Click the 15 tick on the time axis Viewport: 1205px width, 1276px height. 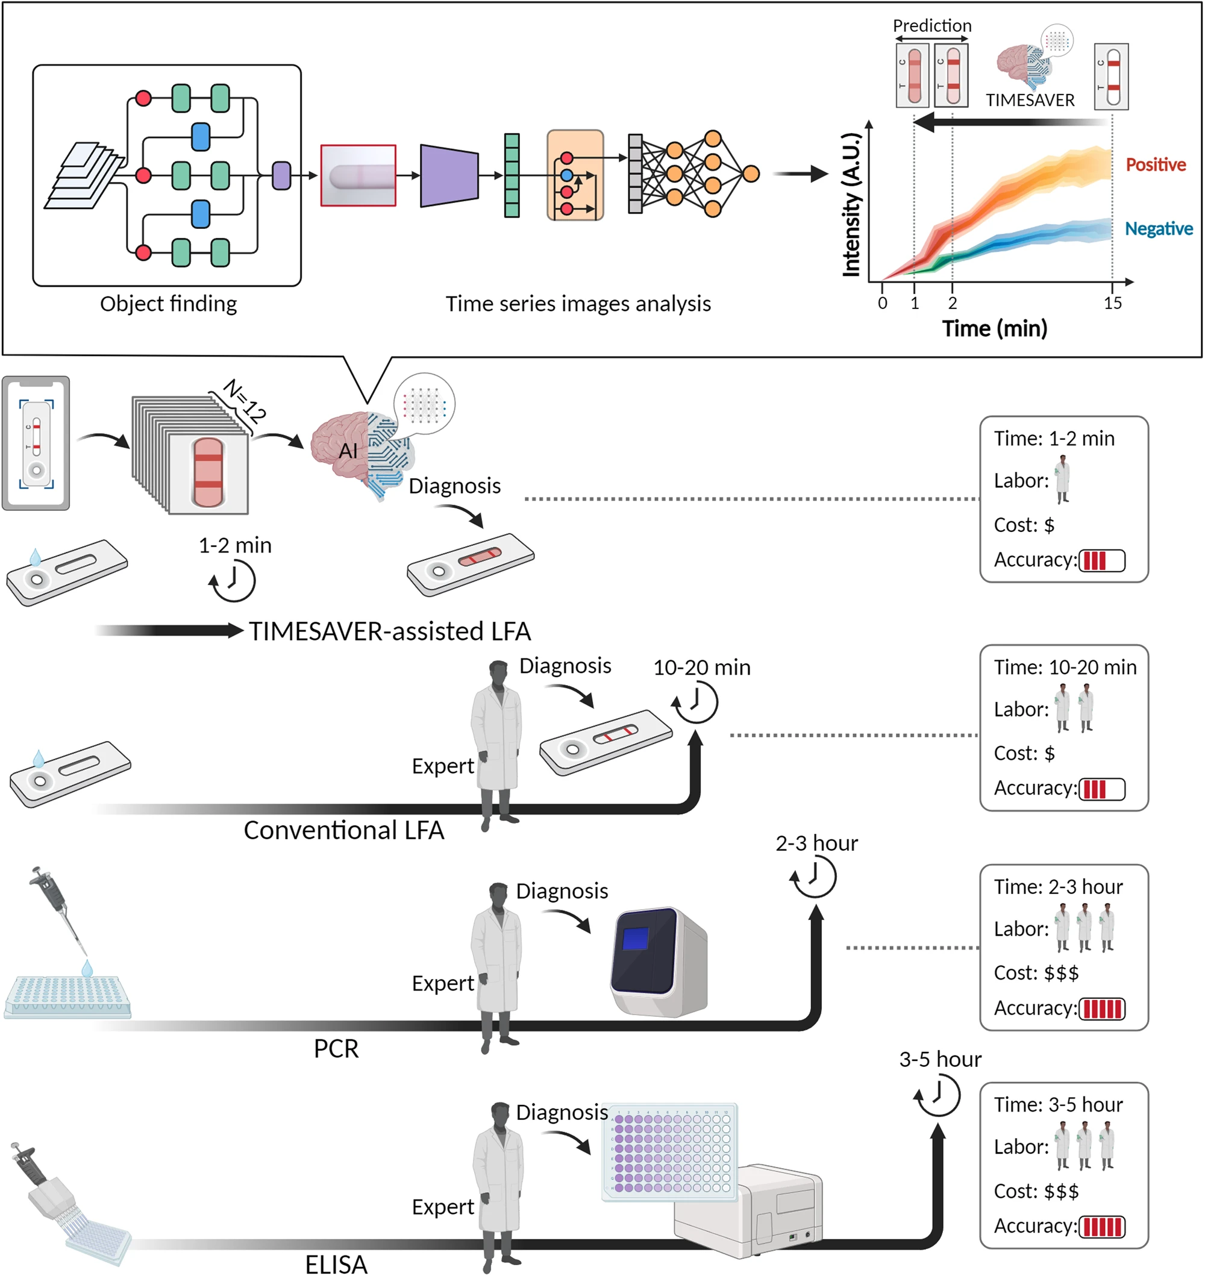[1112, 304]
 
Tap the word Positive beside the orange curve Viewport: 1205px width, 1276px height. [1156, 165]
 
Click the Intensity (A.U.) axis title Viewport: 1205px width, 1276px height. [851, 204]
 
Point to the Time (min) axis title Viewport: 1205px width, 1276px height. [994, 329]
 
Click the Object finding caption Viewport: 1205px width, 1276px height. [168, 304]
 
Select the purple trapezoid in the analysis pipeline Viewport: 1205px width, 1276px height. [449, 175]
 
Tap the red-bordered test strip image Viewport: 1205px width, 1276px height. [358, 175]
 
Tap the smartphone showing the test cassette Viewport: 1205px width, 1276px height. [36, 443]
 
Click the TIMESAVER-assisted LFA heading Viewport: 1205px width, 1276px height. [390, 632]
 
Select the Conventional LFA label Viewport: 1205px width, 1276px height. [343, 830]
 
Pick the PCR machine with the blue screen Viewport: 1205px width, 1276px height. [659, 962]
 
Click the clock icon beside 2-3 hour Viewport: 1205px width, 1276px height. [814, 877]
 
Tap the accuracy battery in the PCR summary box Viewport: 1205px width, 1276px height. [1101, 1009]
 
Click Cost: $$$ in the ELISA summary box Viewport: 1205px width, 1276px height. [1036, 1191]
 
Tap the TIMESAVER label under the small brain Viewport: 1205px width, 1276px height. [1030, 101]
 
